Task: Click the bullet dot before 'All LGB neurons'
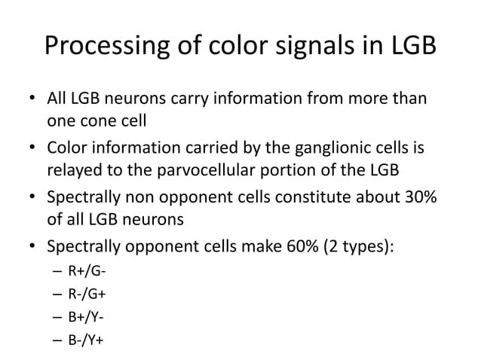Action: click(31, 99)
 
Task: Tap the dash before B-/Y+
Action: click(54, 339)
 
